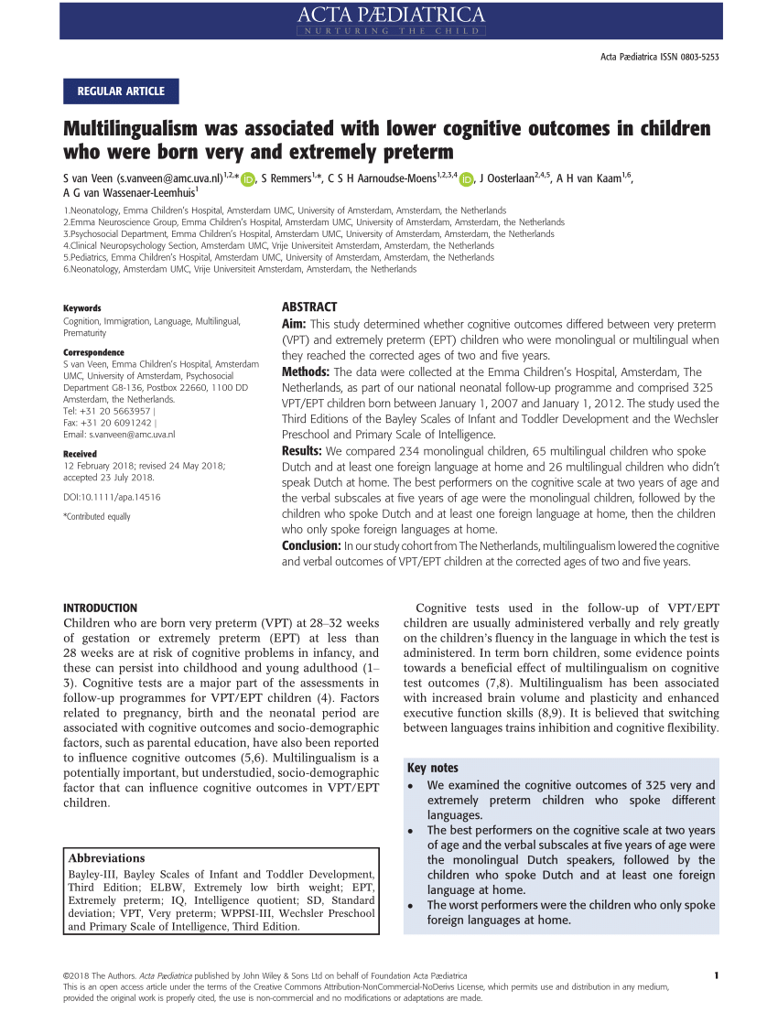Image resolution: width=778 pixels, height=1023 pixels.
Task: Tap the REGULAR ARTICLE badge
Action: click(x=121, y=91)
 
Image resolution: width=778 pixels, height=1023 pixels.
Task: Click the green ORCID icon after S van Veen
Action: click(x=247, y=179)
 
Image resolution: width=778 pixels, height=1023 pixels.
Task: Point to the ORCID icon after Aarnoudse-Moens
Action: click(x=467, y=179)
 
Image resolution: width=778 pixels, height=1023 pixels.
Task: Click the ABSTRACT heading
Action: click(x=308, y=307)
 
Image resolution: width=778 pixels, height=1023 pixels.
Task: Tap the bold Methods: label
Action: click(x=306, y=372)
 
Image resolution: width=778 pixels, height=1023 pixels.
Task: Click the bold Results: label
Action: click(x=301, y=451)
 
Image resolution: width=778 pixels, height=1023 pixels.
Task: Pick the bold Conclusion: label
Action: click(x=310, y=546)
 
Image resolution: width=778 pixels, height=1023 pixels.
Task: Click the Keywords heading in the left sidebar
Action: click(x=81, y=308)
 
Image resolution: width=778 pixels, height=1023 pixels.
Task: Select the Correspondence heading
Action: click(x=93, y=352)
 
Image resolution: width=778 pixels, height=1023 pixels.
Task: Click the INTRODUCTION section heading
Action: click(x=100, y=608)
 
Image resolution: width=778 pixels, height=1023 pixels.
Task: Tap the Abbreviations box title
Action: click(x=106, y=858)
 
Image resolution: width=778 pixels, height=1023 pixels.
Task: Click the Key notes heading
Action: click(x=433, y=768)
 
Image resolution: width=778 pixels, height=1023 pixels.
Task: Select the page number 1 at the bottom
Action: click(x=715, y=975)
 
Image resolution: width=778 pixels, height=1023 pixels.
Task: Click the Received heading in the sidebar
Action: click(x=80, y=454)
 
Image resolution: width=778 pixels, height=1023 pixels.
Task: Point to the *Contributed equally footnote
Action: click(x=96, y=517)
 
